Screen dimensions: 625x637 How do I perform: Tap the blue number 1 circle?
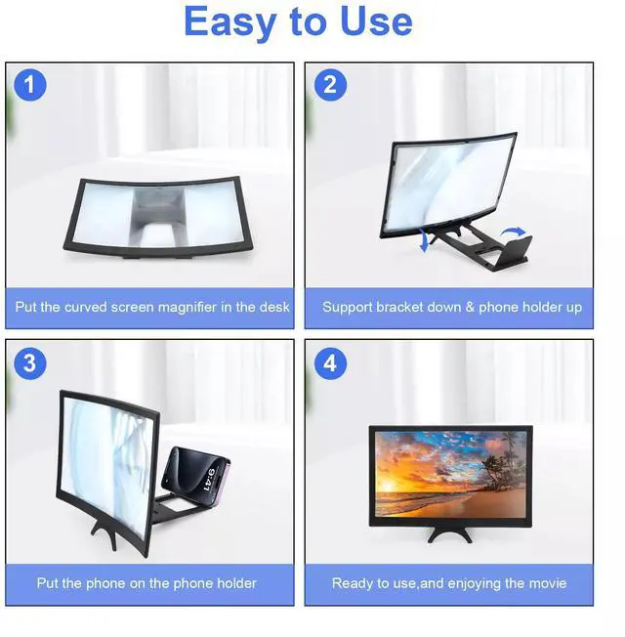tap(30, 85)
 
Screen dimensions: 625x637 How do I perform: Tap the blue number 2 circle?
tap(330, 85)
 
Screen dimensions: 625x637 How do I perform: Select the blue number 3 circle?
tap(30, 363)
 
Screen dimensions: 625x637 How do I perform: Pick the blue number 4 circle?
tap(330, 363)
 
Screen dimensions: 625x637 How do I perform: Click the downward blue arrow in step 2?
tap(425, 239)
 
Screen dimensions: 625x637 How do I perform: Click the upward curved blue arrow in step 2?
tap(513, 233)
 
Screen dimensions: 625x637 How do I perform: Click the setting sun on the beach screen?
tap(388, 487)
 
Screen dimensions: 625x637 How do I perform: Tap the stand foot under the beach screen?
tap(450, 533)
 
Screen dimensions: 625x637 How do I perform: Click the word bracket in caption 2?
tap(399, 307)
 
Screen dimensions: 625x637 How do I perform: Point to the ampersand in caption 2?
tap(470, 308)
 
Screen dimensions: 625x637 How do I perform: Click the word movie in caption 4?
tap(549, 583)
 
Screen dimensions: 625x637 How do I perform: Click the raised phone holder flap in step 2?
tap(514, 248)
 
